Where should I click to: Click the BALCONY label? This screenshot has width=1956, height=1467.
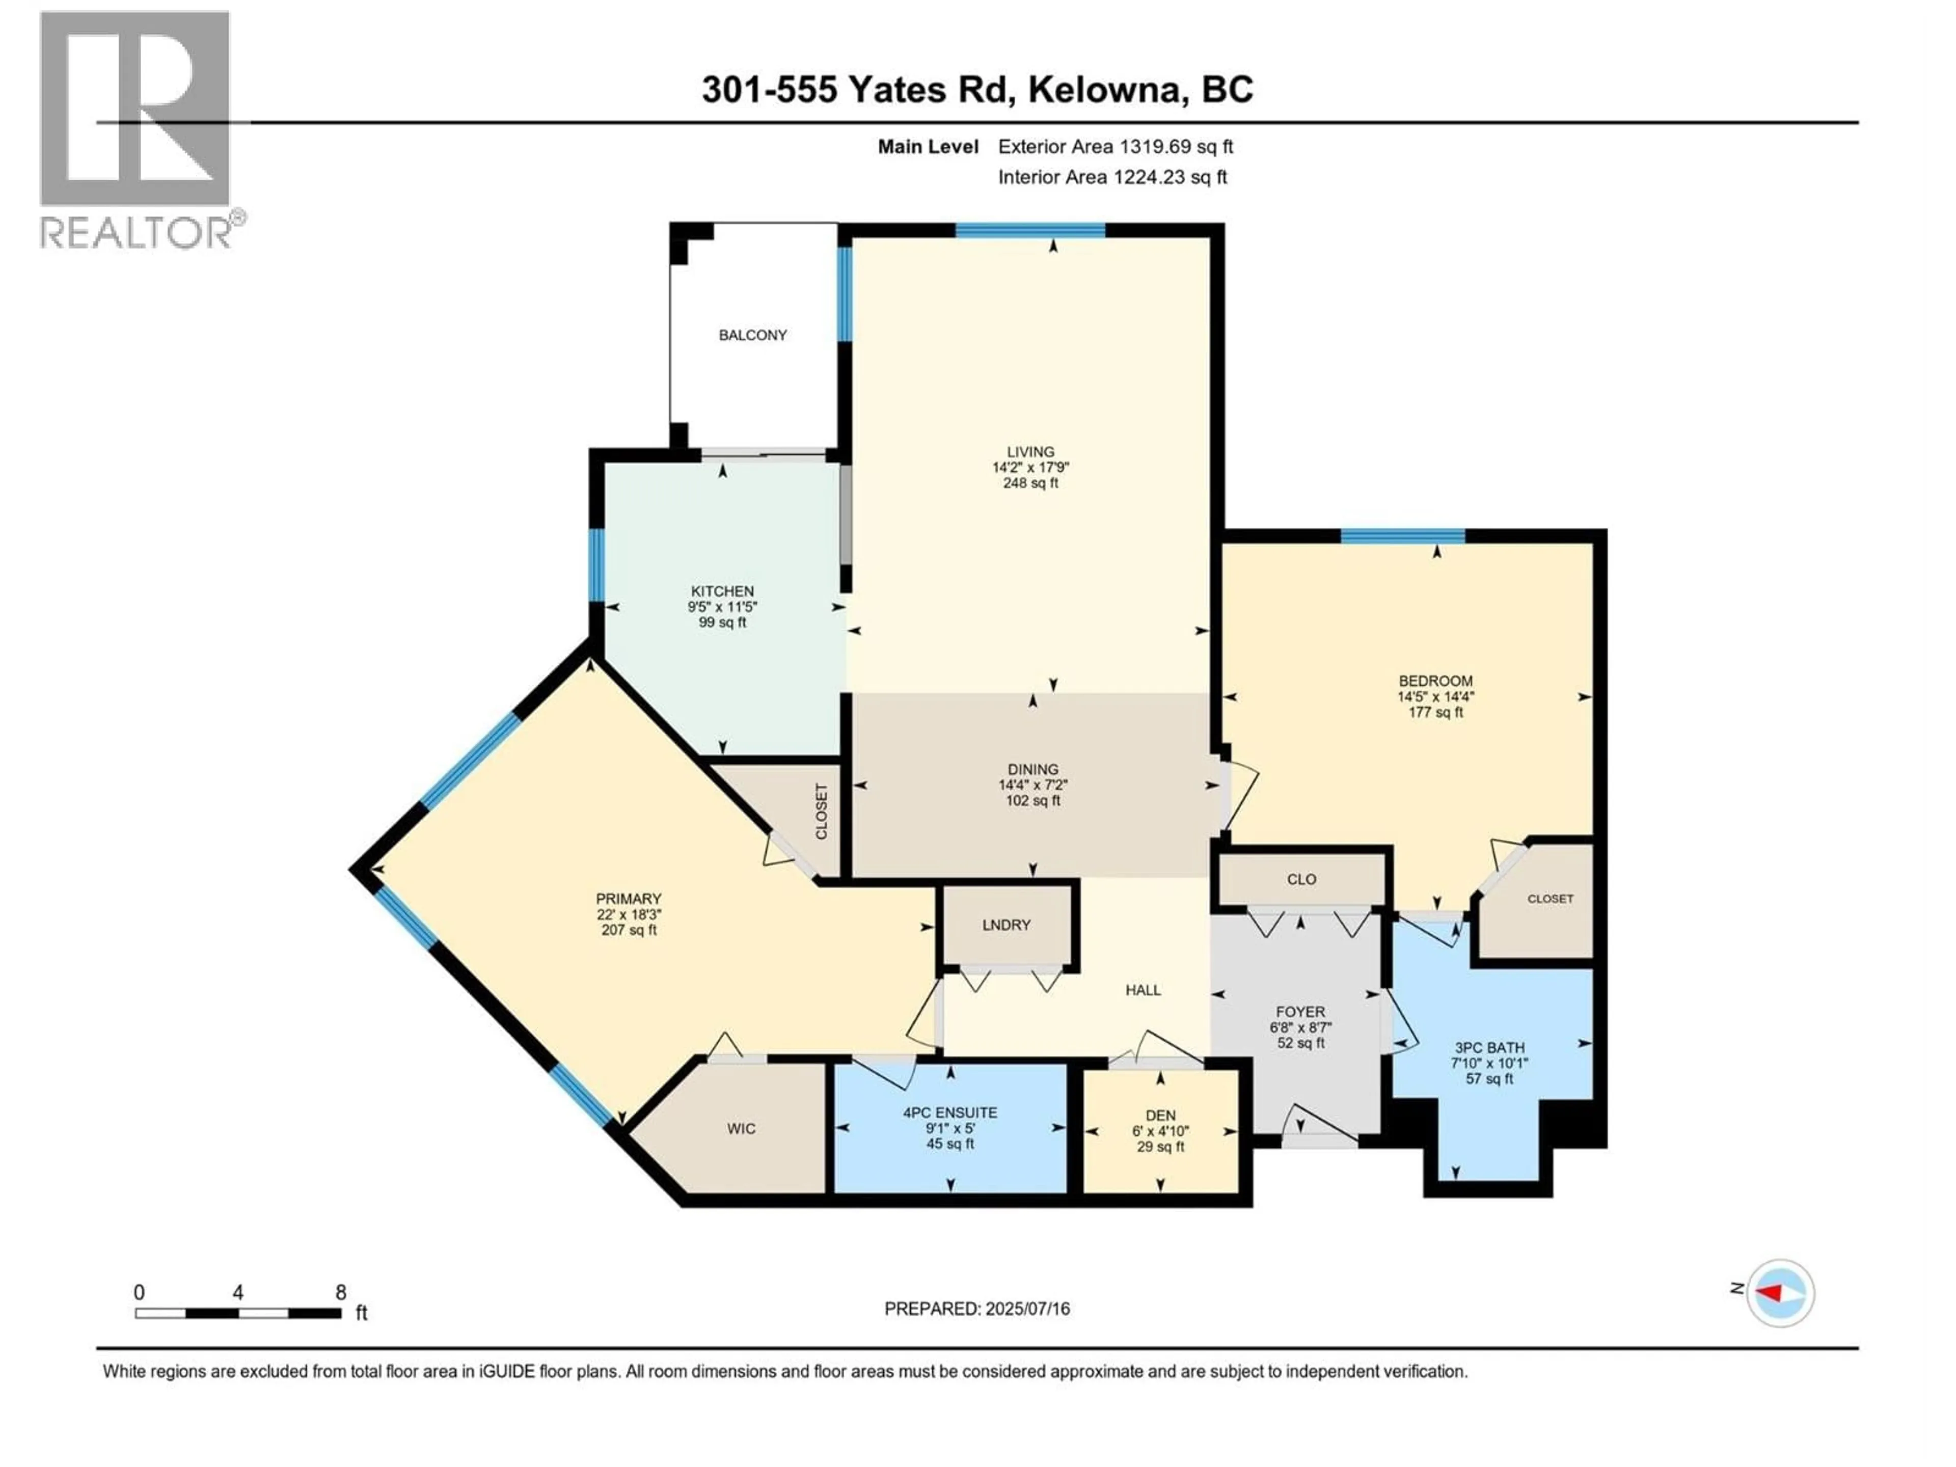tap(752, 335)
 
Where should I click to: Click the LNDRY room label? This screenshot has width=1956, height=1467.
tap(1007, 925)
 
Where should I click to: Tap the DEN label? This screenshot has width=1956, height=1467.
tap(1160, 1116)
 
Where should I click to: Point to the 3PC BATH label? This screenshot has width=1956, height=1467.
tap(1489, 1048)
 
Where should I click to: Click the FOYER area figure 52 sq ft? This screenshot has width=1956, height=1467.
tap(1300, 1043)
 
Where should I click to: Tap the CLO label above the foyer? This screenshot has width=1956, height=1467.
tap(1301, 880)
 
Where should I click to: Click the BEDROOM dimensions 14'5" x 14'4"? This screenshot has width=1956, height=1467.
tap(1435, 697)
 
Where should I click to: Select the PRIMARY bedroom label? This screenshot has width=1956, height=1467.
tap(628, 899)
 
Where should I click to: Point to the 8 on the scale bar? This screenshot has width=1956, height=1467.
tap(340, 1293)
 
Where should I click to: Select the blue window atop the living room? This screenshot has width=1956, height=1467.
tap(1030, 231)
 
